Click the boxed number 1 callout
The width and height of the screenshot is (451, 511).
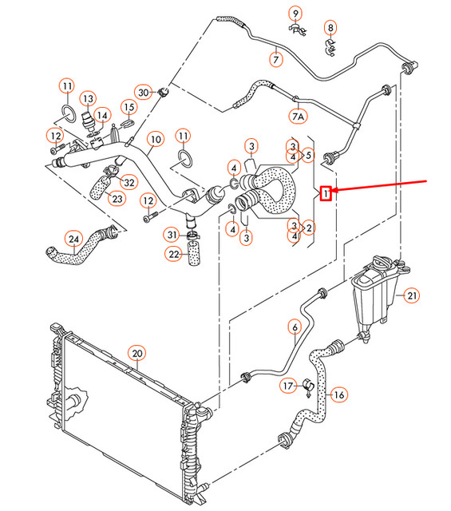coord(325,192)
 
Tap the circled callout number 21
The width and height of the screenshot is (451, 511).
coord(411,296)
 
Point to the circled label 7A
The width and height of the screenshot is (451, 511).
coord(298,117)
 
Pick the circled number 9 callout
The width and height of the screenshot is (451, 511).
coord(295,13)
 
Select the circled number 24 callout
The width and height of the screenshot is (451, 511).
coord(74,238)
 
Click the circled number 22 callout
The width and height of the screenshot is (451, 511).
coord(174,254)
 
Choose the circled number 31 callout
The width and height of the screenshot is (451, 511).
coord(172,234)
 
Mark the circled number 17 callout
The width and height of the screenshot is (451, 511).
coord(289,386)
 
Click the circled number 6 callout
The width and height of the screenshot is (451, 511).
coord(294,326)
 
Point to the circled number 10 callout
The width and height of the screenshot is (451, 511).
coord(155,139)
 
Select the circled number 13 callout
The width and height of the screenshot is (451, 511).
coord(87,98)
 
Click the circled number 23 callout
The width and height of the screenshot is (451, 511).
coord(117,198)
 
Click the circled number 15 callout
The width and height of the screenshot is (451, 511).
coord(129,107)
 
